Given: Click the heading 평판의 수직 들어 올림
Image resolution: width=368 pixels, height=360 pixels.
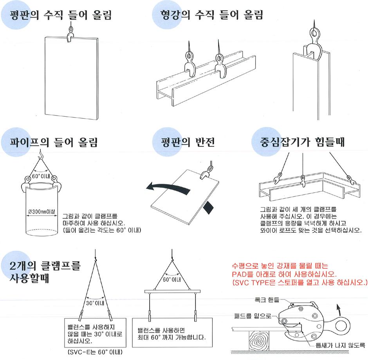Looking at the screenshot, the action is pos(61,15).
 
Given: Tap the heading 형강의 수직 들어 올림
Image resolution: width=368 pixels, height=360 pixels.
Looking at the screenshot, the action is pos(212,15).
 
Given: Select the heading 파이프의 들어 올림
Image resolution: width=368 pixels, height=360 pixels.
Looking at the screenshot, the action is pos(54,142).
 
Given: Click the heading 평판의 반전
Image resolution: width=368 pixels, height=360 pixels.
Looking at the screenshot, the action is pos(188,142).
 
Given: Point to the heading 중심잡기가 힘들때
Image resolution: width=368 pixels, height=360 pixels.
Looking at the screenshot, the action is pos(302,142).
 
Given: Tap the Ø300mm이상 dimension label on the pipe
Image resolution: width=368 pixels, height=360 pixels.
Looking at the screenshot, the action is pos(41,212).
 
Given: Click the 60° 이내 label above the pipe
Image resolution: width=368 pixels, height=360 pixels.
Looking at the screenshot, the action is pos(41,176).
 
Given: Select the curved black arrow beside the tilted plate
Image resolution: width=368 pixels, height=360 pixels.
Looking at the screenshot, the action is pos(168,188).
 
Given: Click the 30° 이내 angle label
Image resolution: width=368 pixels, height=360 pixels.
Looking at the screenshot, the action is pos(95,303).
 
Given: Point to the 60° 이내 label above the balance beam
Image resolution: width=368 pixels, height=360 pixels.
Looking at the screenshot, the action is pos(172,279).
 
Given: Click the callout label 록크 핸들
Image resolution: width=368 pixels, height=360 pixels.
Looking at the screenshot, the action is pos(267,300).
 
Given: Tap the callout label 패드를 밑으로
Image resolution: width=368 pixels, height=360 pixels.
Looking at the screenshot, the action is pos(253,316).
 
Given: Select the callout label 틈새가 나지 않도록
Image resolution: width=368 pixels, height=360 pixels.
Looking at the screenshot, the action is pos(340,345).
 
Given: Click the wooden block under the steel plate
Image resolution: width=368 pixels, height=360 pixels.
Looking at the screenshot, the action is pos(259,341).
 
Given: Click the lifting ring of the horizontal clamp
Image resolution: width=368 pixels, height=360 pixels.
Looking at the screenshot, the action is pos(343,326).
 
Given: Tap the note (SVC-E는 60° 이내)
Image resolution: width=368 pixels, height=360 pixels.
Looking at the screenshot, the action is pos(95,352).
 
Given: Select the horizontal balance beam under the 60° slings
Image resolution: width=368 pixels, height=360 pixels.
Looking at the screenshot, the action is pos(173,291).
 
